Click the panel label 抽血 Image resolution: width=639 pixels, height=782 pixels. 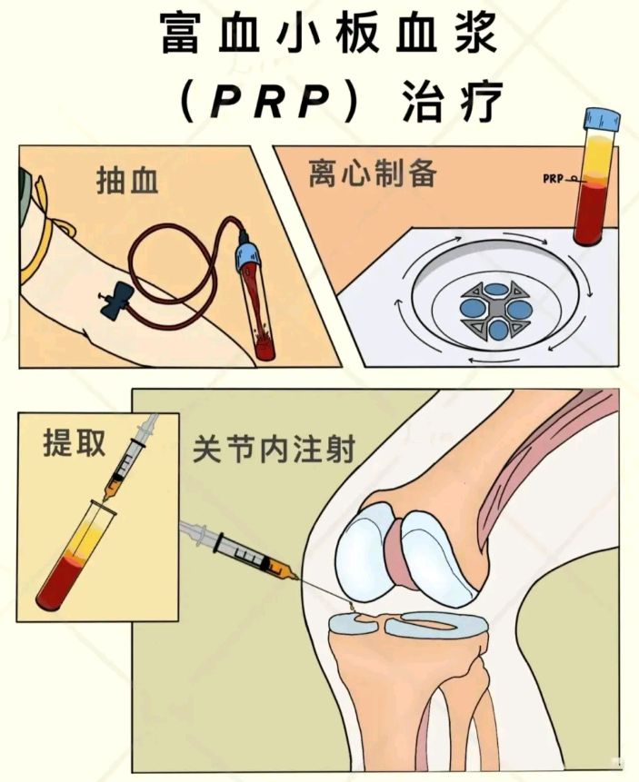127,181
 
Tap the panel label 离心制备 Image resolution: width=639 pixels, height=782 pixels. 373,173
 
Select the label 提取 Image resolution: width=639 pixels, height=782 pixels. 75,442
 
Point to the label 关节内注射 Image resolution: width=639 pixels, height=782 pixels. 274,449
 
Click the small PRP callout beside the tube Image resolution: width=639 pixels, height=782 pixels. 555,178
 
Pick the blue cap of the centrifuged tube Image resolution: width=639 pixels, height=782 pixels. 602,119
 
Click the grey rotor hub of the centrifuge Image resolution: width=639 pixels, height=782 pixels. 495,312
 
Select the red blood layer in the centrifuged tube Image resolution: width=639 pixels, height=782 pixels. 593,211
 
